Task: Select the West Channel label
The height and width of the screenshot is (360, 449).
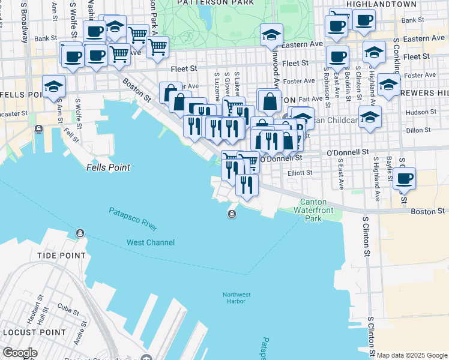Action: click(x=151, y=242)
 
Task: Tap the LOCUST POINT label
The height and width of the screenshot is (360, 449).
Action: click(x=33, y=332)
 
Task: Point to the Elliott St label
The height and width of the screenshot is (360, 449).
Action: click(x=300, y=173)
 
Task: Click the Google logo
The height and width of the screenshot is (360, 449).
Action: click(x=20, y=353)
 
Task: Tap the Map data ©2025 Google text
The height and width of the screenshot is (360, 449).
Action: click(x=412, y=355)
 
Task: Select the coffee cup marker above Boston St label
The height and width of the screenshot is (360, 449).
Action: click(x=405, y=178)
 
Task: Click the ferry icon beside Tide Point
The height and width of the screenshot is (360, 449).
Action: click(x=79, y=233)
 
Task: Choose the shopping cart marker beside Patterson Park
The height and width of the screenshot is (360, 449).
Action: click(x=157, y=46)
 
